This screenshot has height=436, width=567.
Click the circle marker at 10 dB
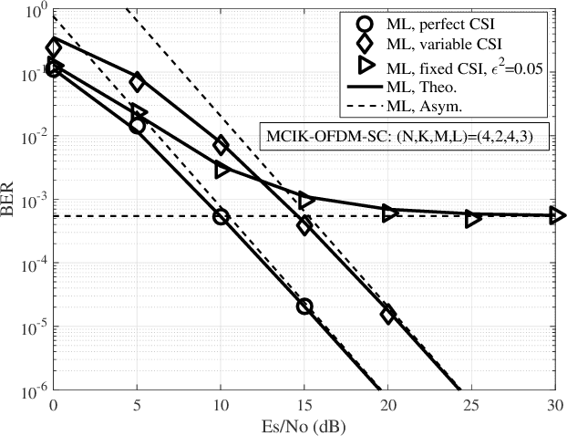(x=221, y=216)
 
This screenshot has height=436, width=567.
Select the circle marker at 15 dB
(x=304, y=306)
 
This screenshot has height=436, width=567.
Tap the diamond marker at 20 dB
(x=388, y=315)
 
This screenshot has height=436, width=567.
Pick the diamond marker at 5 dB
(x=138, y=82)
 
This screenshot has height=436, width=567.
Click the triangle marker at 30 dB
(x=557, y=216)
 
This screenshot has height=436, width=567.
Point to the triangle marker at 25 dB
(x=472, y=219)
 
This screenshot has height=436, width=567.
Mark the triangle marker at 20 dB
(x=389, y=213)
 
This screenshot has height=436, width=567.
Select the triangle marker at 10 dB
(x=222, y=170)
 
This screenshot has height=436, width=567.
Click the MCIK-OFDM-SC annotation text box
(x=407, y=135)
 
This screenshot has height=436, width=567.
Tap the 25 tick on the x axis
(x=472, y=405)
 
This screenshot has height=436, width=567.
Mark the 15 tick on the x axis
(x=304, y=405)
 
